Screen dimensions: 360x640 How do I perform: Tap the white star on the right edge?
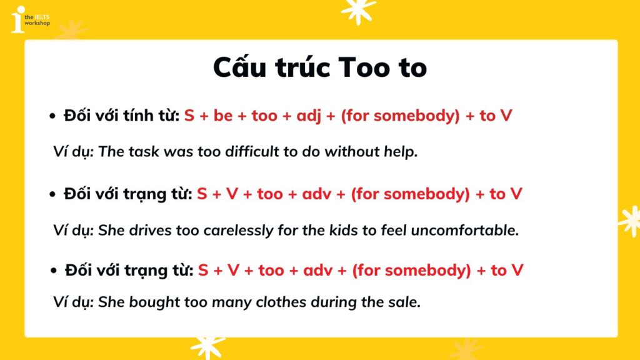pos(630,221)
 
